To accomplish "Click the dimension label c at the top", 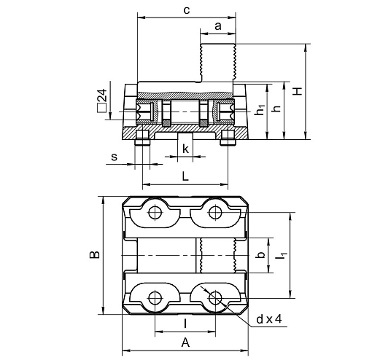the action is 187,10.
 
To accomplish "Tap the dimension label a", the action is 218,26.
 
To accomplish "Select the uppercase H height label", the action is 298,91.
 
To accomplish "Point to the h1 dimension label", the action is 260,110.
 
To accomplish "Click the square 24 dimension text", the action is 102,101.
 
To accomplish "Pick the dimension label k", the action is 185,149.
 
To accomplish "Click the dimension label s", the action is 114,157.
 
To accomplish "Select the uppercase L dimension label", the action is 185,176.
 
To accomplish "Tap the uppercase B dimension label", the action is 95,254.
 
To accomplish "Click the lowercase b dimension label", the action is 261,255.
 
